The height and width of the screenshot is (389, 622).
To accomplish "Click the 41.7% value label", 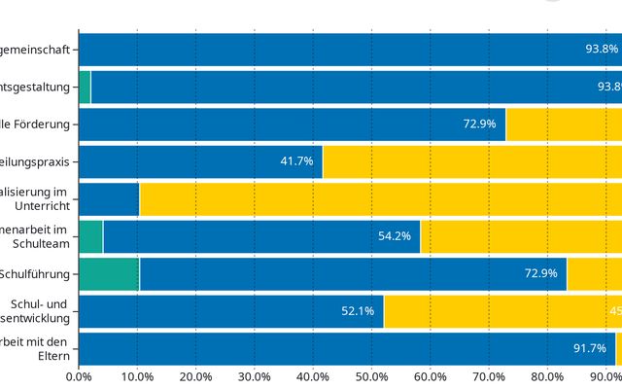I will pos(296,161).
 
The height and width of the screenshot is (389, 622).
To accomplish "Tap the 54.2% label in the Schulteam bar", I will pos(394,236).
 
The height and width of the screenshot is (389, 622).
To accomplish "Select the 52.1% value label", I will pos(358,311).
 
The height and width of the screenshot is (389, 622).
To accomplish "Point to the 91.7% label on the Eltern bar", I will pos(590,348).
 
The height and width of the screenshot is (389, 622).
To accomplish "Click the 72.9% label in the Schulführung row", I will pos(540,273).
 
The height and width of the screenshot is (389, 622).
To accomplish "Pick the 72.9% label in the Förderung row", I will pos(480,124).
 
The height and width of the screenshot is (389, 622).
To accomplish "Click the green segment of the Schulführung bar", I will pos(108,274).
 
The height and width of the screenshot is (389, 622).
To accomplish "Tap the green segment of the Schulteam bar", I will pos(90,236).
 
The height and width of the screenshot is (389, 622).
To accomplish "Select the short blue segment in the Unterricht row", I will pos(108,199).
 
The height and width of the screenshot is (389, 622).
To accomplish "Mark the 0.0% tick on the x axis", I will pos(79,376).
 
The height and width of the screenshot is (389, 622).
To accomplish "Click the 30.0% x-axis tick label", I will pos(255,376).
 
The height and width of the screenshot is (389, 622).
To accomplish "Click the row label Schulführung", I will pos(37,274).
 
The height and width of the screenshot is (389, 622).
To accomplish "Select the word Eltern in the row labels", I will pos(54,357).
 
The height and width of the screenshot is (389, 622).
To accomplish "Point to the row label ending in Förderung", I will pos(39,124).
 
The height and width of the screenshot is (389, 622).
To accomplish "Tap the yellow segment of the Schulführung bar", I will pos(594,274).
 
